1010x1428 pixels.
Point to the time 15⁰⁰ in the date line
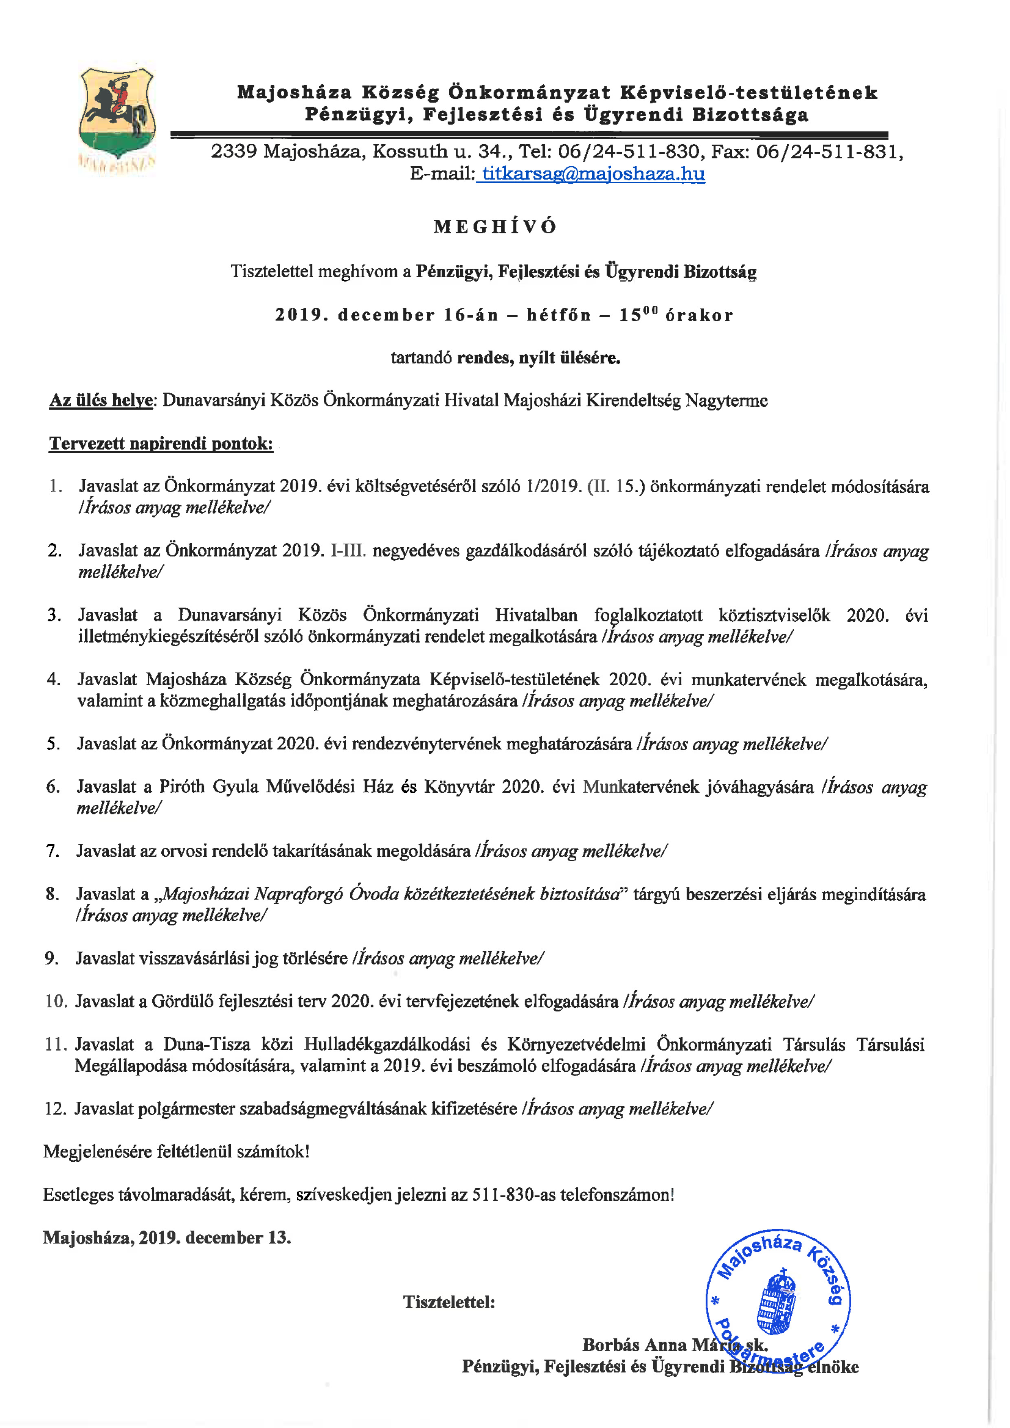(x=638, y=315)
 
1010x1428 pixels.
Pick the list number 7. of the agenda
(x=53, y=851)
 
